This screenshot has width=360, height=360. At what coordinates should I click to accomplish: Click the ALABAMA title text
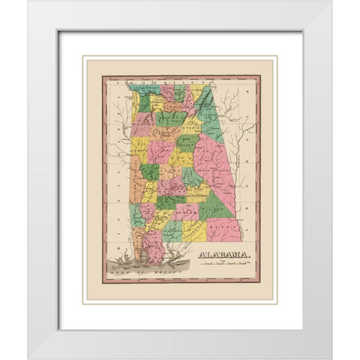pyautogui.click(x=224, y=256)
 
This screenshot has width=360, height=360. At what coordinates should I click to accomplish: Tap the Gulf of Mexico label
pyautogui.click(x=131, y=278)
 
